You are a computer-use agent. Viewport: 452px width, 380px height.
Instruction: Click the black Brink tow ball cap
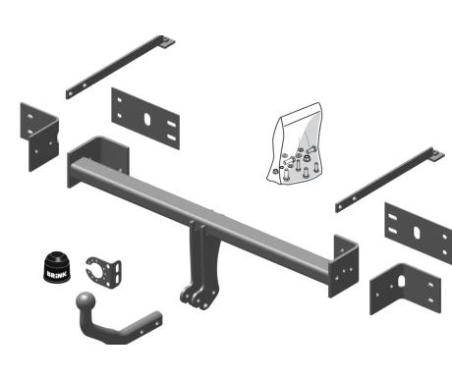[57, 267]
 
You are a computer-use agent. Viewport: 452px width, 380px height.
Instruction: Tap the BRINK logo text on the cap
[57, 274]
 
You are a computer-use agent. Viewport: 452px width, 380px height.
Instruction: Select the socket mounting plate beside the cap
[103, 272]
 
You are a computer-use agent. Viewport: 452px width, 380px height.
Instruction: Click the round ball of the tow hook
[85, 300]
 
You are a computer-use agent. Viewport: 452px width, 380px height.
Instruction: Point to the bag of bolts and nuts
[295, 144]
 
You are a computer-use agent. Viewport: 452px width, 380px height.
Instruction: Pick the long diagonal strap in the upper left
[120, 67]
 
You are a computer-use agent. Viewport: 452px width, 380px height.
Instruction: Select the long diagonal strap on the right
[390, 180]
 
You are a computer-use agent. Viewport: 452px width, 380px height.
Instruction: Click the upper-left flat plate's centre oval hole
[147, 120]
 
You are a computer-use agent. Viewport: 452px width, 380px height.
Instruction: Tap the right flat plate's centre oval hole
[417, 232]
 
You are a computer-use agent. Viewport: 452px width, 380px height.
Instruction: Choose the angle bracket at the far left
[39, 136]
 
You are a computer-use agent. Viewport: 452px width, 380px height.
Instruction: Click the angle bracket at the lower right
[406, 289]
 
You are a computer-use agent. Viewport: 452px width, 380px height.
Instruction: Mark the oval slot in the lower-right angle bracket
[402, 281]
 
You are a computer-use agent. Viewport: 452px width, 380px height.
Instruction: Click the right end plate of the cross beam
[343, 266]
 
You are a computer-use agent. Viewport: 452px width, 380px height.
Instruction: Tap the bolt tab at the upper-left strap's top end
[167, 42]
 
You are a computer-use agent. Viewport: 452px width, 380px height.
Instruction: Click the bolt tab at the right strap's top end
[436, 154]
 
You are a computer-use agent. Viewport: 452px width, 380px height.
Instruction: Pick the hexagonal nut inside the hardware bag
[307, 158]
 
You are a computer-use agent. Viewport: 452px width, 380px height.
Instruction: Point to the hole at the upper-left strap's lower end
[70, 93]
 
